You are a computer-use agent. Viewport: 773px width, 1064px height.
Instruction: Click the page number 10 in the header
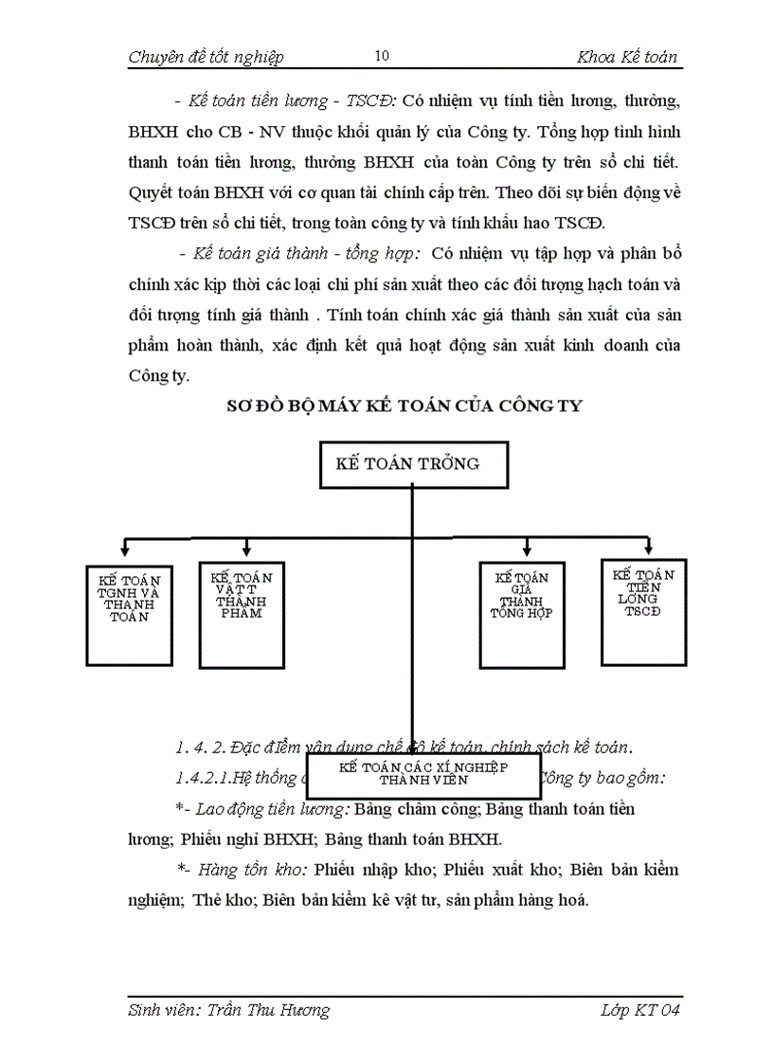pyautogui.click(x=382, y=56)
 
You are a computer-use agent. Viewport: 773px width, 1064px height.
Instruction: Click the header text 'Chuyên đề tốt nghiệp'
pyautogui.click(x=206, y=57)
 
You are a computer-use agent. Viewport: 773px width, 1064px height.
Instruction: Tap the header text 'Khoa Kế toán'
pyautogui.click(x=627, y=57)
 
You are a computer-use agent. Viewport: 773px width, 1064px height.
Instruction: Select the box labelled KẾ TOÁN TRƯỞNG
pyautogui.click(x=414, y=464)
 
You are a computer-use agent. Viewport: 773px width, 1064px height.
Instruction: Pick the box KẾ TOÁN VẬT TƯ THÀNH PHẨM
pyautogui.click(x=242, y=615)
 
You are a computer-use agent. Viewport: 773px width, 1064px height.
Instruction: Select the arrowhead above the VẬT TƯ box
pyautogui.click(x=246, y=550)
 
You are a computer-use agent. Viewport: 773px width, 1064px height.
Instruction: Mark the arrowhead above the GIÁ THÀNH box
pyautogui.click(x=526, y=550)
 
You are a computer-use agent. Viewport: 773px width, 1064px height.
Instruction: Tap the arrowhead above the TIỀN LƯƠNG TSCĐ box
pyautogui.click(x=649, y=549)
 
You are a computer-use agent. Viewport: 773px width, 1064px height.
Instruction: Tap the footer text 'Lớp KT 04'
pyautogui.click(x=640, y=1010)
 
